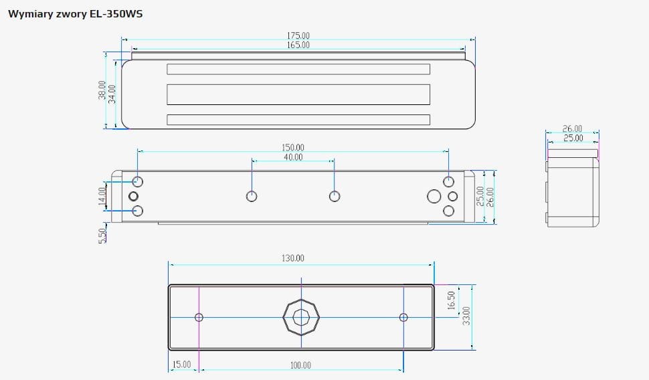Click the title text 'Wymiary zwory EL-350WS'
pyautogui.click(x=76, y=13)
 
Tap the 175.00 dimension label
pyautogui.click(x=298, y=35)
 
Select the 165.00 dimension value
pyautogui.click(x=298, y=45)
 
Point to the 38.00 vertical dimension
pyautogui.click(x=102, y=90)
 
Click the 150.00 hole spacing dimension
pyautogui.click(x=292, y=147)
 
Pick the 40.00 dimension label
pyautogui.click(x=293, y=157)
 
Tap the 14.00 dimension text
pyautogui.click(x=102, y=196)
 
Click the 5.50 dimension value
pyautogui.click(x=102, y=236)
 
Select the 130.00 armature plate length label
pyautogui.click(x=292, y=258)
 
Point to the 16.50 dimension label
pyautogui.click(x=451, y=300)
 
